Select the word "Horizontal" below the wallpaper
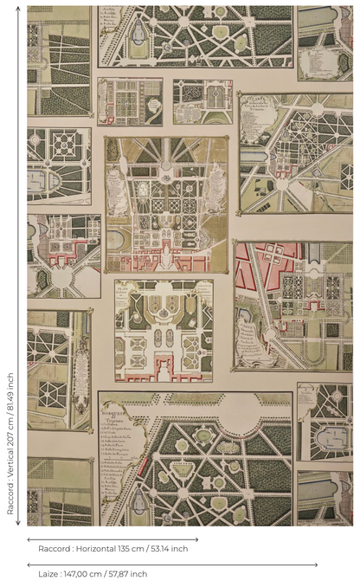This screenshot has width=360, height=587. click(x=96, y=549)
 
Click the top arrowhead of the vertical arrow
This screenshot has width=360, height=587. click(x=18, y=9)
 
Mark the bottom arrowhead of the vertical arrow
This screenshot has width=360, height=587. click(x=18, y=524)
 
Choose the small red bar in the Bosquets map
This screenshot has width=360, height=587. click(x=143, y=468)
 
